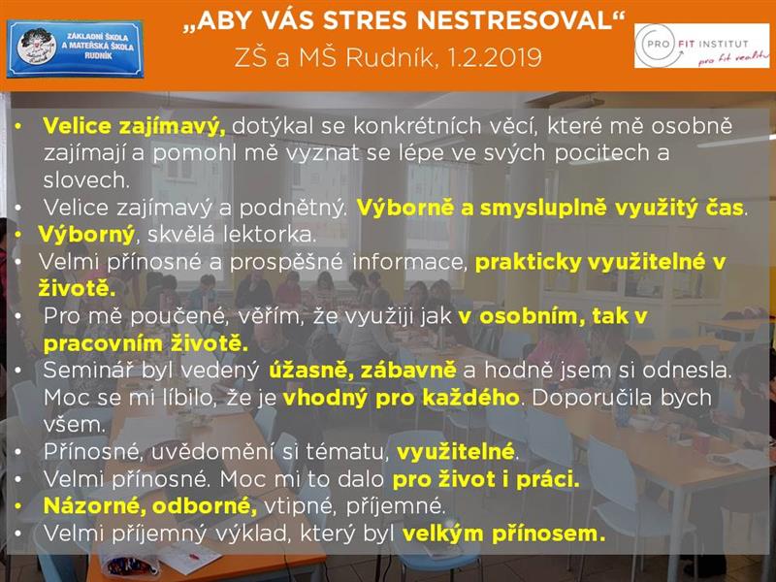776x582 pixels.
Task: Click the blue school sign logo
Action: pyautogui.click(x=76, y=49)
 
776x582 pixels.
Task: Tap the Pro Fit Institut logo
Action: pyautogui.click(x=701, y=46)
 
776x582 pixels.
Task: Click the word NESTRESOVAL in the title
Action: pyautogui.click(x=514, y=20)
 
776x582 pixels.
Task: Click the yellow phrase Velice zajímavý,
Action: pyautogui.click(x=134, y=127)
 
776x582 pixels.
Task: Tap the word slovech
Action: pyautogui.click(x=86, y=179)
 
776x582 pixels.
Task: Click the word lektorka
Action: pyautogui.click(x=270, y=234)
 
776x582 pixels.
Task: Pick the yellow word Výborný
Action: pyautogui.click(x=86, y=235)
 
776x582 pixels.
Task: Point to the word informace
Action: pyautogui.click(x=409, y=262)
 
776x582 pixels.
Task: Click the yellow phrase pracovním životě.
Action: pyautogui.click(x=145, y=343)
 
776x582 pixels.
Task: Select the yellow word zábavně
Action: pyautogui.click(x=408, y=371)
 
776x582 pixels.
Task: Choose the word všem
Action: pyautogui.click(x=75, y=425)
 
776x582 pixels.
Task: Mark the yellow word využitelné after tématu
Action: pyautogui.click(x=455, y=451)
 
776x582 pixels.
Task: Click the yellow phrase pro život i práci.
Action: pyautogui.click(x=486, y=479)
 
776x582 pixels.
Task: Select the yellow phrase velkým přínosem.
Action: pyautogui.click(x=503, y=533)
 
